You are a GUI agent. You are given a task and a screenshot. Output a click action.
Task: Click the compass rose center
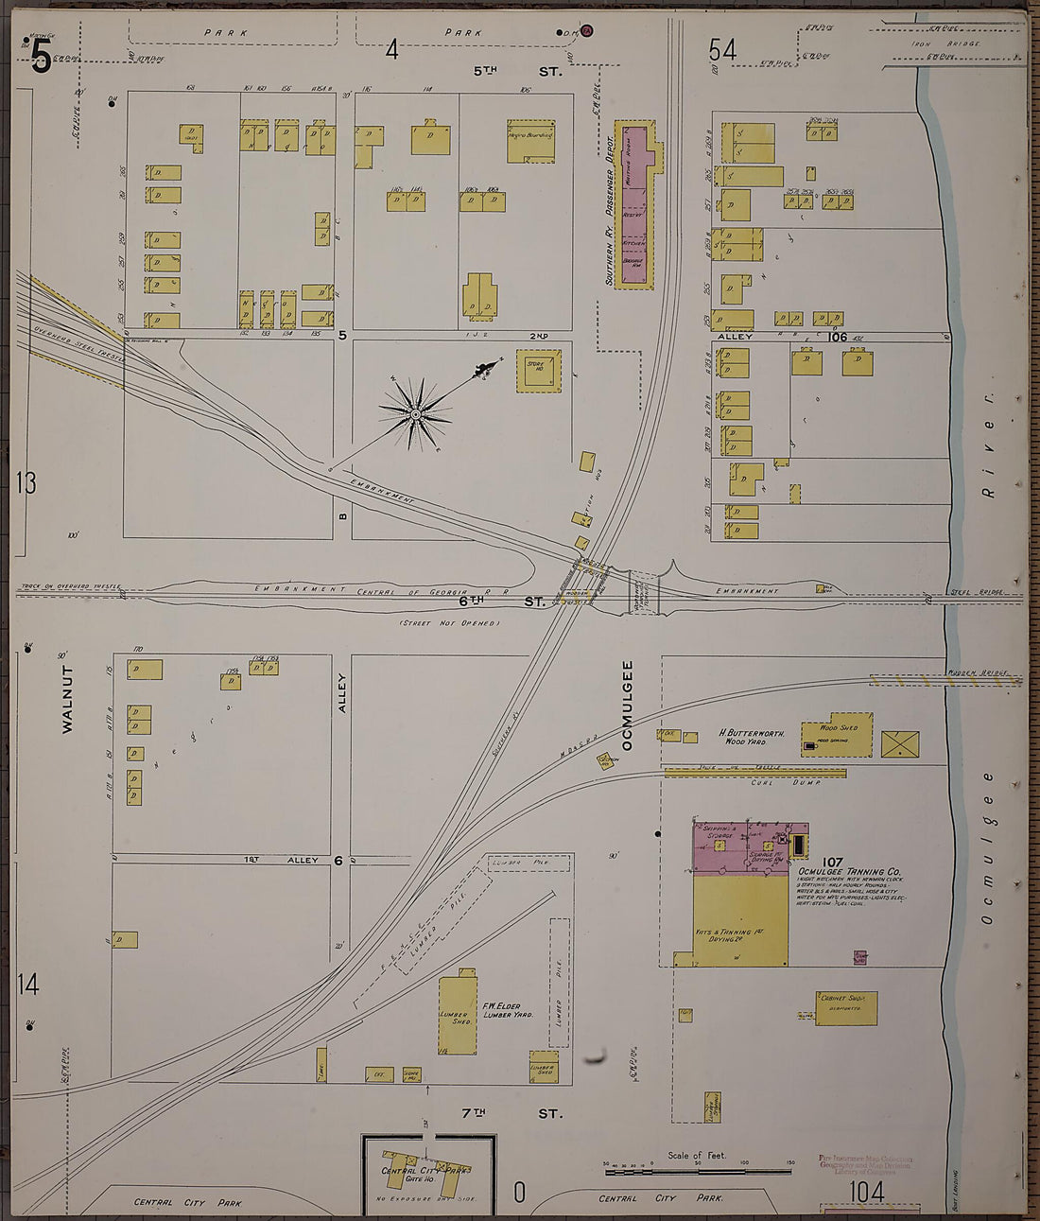tap(414, 413)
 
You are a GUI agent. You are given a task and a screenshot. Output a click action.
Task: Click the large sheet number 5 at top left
tap(41, 60)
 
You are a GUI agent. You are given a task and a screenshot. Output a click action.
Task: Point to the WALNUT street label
tap(67, 699)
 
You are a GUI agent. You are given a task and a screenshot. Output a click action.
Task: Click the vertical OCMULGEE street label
tap(627, 705)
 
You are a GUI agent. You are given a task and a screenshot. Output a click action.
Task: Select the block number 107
tap(832, 862)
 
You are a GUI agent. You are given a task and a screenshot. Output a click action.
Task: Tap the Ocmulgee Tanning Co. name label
tap(850, 872)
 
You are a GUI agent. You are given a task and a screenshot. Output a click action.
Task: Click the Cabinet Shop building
tap(846, 1008)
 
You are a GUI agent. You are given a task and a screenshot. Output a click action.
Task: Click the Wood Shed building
tap(837, 739)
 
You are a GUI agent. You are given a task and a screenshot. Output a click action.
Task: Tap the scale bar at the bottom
tap(699, 1172)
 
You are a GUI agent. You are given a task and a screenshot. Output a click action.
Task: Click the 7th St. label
tap(511, 1113)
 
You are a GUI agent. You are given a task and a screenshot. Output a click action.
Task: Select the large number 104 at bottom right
tap(867, 1192)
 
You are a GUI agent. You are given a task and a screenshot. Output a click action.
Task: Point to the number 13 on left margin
tap(26, 482)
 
